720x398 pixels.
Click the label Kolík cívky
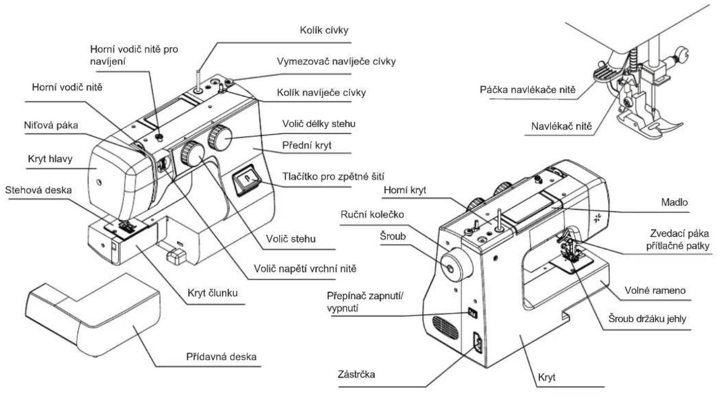point(324,30)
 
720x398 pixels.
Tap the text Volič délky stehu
point(319,124)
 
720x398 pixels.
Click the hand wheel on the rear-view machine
point(456,265)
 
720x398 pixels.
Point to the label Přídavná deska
point(222,357)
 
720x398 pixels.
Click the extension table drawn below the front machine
point(93,318)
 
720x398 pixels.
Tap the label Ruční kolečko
point(372,215)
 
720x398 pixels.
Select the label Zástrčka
point(356,374)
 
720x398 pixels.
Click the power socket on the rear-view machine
point(477,343)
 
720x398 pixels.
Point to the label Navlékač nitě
point(561,126)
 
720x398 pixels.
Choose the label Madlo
point(674,202)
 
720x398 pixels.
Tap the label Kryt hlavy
point(50,159)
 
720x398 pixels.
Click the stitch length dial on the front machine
point(220,138)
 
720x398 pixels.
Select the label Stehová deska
point(38,190)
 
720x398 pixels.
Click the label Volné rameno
point(655,291)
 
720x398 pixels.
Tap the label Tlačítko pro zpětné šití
point(333,177)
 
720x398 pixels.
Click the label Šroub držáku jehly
point(647,319)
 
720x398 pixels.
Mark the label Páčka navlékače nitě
point(527,90)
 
